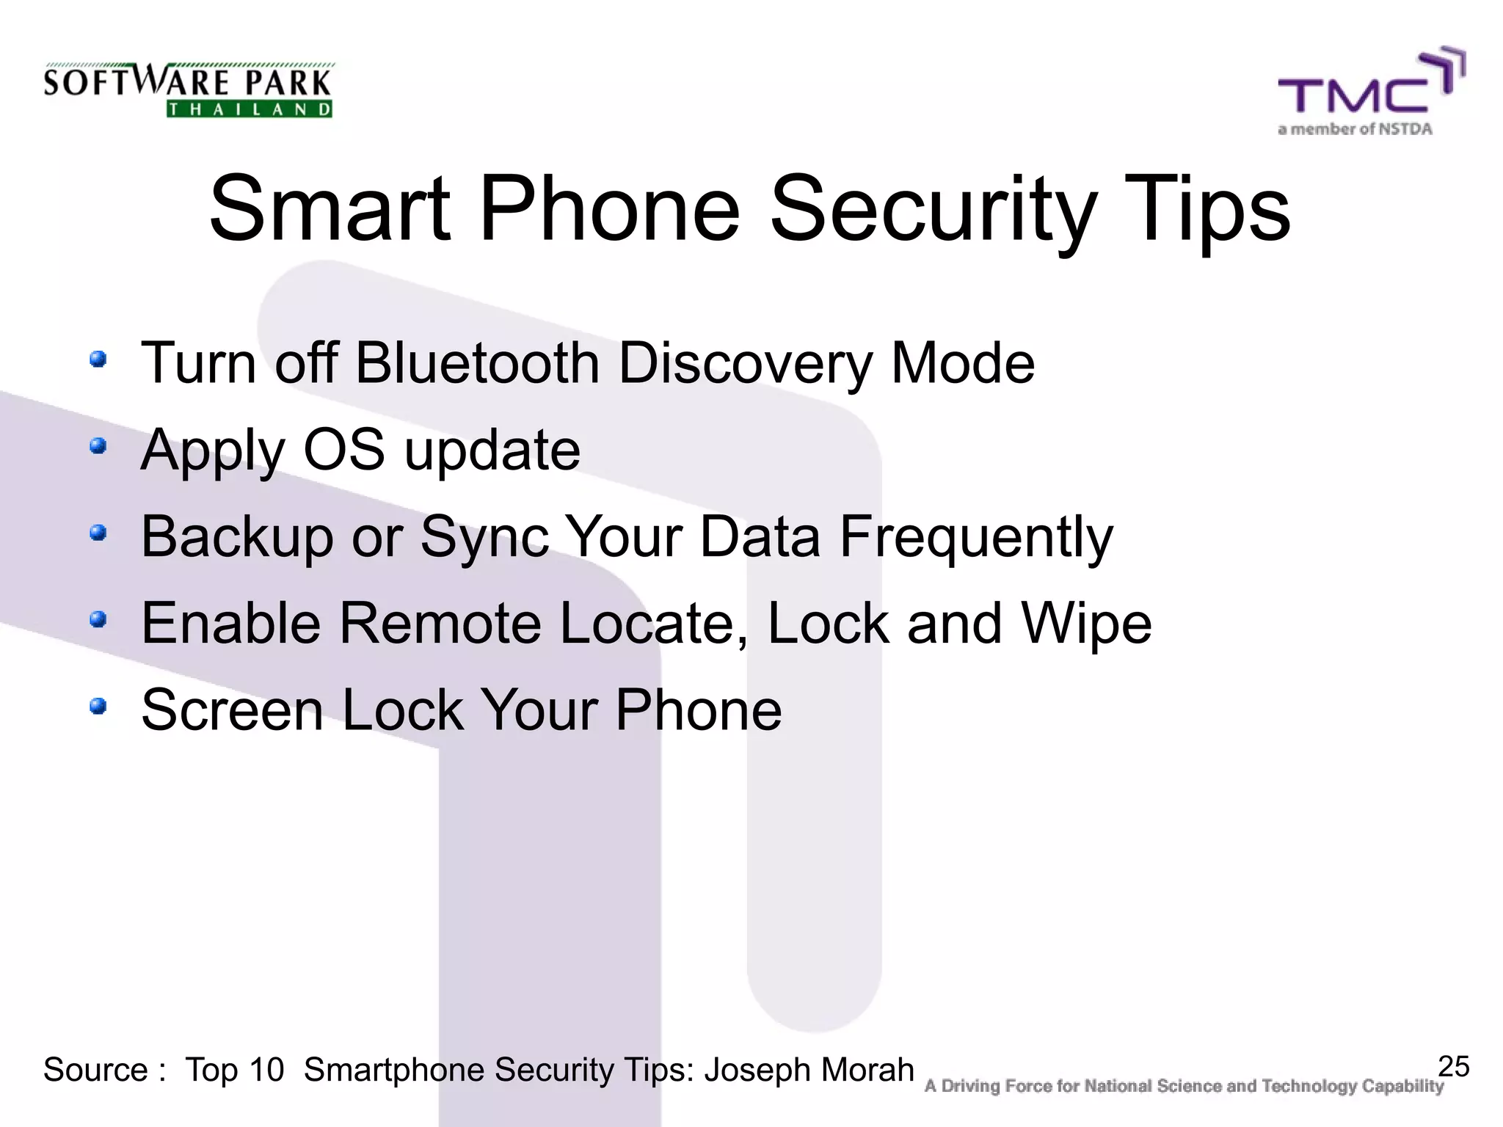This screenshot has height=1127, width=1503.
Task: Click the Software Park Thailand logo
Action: click(x=188, y=90)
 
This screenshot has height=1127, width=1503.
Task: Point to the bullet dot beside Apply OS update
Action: click(x=98, y=446)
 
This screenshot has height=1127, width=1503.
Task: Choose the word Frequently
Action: click(x=976, y=537)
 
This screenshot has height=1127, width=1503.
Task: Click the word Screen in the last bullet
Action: click(x=232, y=710)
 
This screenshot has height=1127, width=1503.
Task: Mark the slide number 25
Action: click(x=1453, y=1066)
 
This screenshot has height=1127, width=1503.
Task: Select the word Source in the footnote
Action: click(x=95, y=1070)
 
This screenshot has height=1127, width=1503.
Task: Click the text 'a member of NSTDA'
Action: click(x=1355, y=130)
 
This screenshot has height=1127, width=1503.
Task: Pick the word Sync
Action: click(x=484, y=537)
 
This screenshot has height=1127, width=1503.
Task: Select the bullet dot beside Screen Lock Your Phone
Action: click(x=98, y=707)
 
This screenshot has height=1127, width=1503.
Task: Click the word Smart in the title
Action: click(x=329, y=209)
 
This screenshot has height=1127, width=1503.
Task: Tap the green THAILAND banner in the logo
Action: click(x=250, y=110)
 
